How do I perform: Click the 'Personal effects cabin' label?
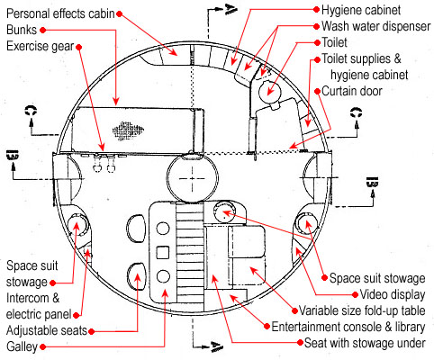60,13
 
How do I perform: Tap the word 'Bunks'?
22,30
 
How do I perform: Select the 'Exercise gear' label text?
41,47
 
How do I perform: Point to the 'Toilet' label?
334,42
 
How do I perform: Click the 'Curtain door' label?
352,91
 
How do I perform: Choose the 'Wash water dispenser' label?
376,26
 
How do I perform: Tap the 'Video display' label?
393,294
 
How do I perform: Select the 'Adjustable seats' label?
47,330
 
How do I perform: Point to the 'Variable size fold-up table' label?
362,310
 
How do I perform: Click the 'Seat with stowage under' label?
365,343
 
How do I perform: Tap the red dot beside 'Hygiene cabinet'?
316,10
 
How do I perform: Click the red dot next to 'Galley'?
43,347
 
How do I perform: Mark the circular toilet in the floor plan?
269,91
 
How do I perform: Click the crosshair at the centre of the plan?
192,179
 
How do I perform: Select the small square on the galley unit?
163,252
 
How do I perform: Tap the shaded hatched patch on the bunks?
128,130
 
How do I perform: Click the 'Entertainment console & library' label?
348,327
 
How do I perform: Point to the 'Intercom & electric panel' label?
39,306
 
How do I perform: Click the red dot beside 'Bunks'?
43,30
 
